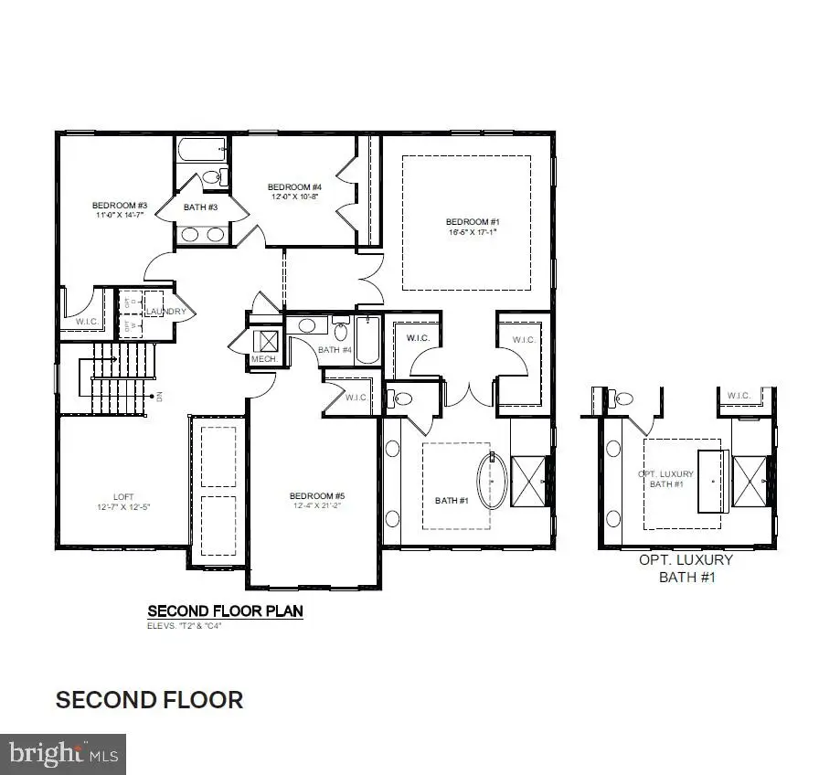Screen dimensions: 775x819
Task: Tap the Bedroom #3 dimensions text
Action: pos(121,215)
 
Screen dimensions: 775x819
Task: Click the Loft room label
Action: pos(123,497)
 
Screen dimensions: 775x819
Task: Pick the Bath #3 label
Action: pos(200,207)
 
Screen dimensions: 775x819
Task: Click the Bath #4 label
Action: pos(335,350)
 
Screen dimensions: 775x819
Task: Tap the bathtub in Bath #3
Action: pos(199,149)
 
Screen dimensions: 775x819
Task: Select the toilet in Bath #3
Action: pos(212,177)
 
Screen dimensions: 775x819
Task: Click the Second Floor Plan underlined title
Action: pos(225,610)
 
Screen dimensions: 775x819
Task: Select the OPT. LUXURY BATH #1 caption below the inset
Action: pos(696,568)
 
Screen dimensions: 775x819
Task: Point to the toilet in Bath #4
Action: pos(341,330)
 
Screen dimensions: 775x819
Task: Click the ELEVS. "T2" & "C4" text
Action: pos(185,626)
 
